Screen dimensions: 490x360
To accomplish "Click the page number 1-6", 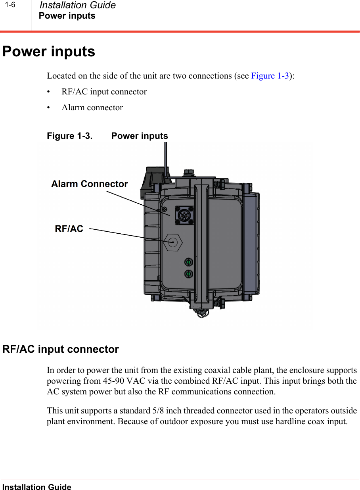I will tap(11, 5).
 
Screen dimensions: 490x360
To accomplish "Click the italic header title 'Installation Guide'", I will tap(78, 6).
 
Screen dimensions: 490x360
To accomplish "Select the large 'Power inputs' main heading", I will tap(49, 52).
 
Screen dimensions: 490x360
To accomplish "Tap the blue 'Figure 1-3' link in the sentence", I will tap(270, 76).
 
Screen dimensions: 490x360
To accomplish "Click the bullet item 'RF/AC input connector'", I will tap(104, 92).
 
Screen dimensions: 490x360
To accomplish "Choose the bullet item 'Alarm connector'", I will tap(92, 108).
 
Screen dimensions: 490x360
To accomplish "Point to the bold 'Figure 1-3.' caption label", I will tap(70, 136).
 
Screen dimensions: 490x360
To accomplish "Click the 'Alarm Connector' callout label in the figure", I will tap(90, 184).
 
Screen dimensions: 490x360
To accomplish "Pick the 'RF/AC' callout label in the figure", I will tap(69, 229).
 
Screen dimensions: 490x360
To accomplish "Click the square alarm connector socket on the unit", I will tap(184, 215).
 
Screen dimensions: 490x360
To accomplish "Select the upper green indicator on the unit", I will tap(189, 262).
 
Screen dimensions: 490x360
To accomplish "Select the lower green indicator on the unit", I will tap(189, 274).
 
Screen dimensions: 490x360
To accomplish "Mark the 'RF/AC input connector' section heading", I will tap(61, 350).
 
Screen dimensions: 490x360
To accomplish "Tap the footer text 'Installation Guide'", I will tap(37, 487).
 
